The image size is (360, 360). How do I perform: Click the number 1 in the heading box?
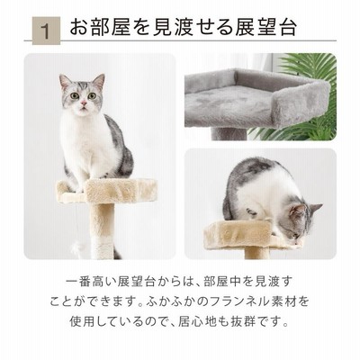click(46, 31)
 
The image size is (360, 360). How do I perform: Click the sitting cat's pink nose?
click(84, 103)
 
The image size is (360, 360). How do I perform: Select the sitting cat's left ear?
click(65, 81)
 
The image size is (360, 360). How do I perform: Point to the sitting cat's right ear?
click(99, 82)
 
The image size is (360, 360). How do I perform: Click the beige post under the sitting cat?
click(102, 231)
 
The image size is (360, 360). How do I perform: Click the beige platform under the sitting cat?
click(106, 191)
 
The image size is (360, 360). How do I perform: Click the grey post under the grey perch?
click(229, 134)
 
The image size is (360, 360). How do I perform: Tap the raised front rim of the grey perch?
click(301, 103)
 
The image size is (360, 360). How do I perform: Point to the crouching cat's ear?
click(316, 207)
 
